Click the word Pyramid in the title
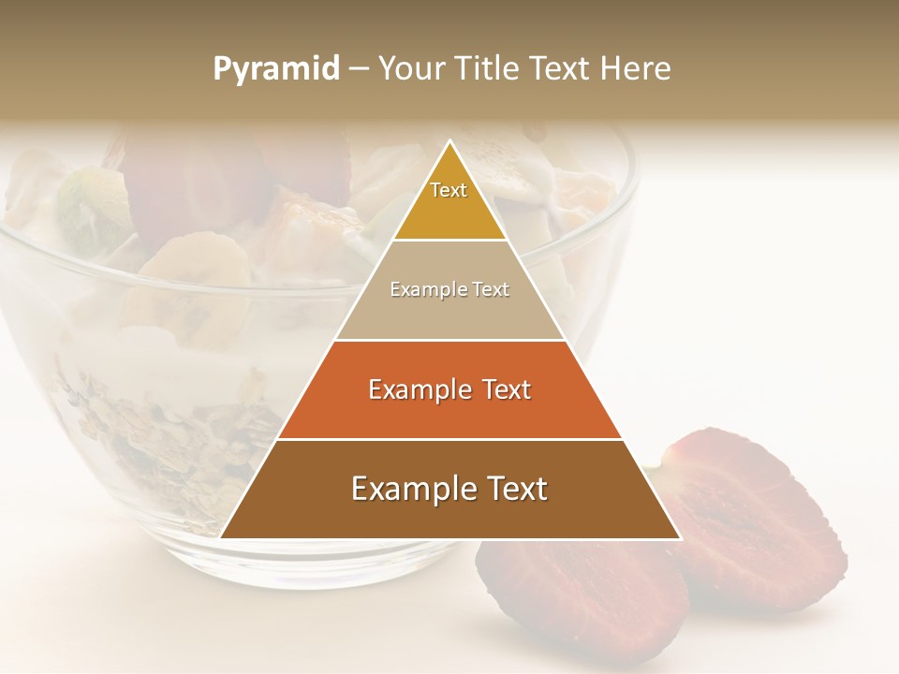pyautogui.click(x=275, y=69)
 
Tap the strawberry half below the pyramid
pyautogui.click(x=581, y=599)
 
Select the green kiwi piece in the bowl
pyautogui.click(x=84, y=211)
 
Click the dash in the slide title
pyautogui.click(x=359, y=69)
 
